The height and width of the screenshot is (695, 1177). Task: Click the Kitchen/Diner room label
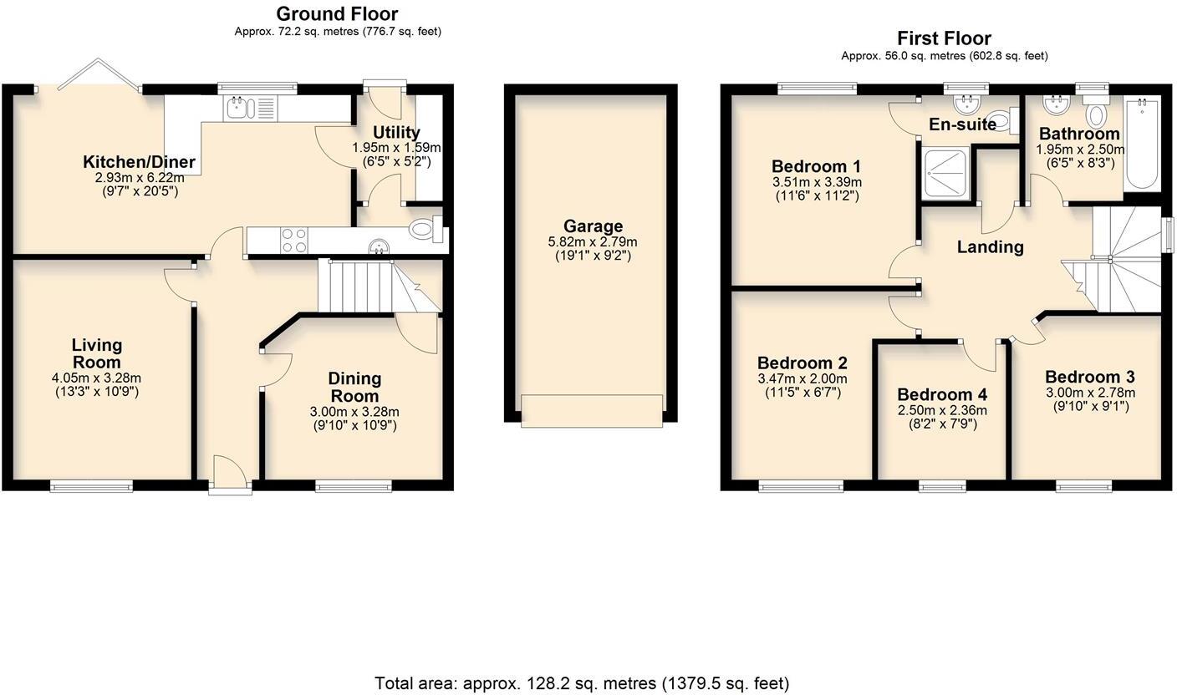pyautogui.click(x=139, y=162)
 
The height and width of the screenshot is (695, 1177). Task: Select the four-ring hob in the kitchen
pyautogui.click(x=293, y=241)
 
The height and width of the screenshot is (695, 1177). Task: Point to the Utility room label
pyautogui.click(x=396, y=132)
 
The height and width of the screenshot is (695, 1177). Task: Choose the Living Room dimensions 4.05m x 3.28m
pyautogui.click(x=97, y=378)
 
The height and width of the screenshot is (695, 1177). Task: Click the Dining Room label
pyautogui.click(x=354, y=387)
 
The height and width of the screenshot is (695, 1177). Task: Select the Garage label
pyautogui.click(x=593, y=226)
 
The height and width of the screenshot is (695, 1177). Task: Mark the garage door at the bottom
pyautogui.click(x=592, y=411)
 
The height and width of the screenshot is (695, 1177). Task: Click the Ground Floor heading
pyautogui.click(x=337, y=13)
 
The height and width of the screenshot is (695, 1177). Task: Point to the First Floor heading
pyautogui.click(x=944, y=38)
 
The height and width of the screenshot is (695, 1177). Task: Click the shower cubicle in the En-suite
pyautogui.click(x=946, y=174)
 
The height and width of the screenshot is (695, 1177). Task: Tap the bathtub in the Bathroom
pyautogui.click(x=1141, y=145)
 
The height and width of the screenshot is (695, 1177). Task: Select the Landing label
pyautogui.click(x=990, y=246)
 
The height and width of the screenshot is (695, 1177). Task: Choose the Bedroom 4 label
pyautogui.click(x=942, y=394)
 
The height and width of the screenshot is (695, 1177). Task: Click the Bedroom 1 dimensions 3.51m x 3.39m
pyautogui.click(x=816, y=182)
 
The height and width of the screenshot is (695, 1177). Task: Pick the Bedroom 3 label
pyautogui.click(x=1089, y=376)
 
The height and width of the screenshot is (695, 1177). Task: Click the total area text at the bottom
pyautogui.click(x=582, y=683)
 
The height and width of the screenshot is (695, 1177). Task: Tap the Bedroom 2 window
pyautogui.click(x=801, y=486)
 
